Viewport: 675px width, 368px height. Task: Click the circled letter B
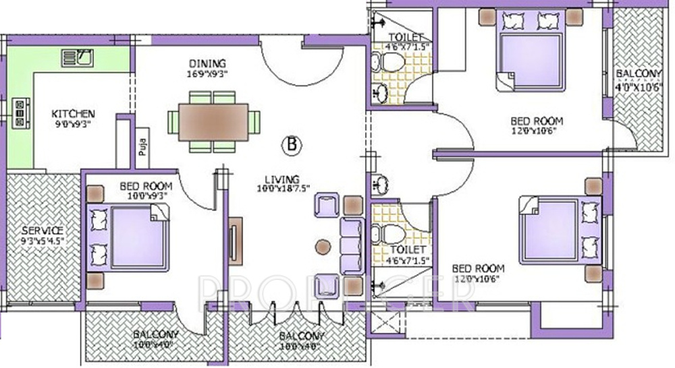point(292,144)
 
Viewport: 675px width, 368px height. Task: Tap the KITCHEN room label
point(74,113)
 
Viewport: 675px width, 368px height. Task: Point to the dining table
point(213,122)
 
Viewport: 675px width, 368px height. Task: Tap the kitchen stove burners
point(20,113)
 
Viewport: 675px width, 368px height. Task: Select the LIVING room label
point(281,179)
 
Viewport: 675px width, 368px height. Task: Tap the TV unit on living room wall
point(234,241)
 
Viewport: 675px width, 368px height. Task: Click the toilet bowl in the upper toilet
point(391,63)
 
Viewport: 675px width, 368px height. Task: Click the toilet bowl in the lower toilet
point(391,233)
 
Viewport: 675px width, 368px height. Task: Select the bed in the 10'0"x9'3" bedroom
point(132,238)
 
